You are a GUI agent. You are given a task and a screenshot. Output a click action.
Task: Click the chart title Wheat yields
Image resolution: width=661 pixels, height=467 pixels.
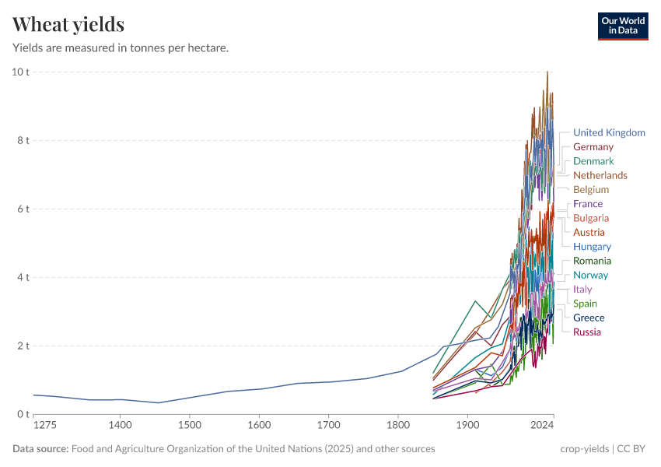pyautogui.click(x=68, y=25)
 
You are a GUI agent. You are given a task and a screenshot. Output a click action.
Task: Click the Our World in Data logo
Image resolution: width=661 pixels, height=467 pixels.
pyautogui.click(x=622, y=26)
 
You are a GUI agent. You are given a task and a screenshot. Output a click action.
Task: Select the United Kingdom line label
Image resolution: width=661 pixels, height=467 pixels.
pyautogui.click(x=609, y=132)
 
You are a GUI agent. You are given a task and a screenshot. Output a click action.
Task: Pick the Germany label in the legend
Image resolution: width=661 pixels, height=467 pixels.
pyautogui.click(x=593, y=147)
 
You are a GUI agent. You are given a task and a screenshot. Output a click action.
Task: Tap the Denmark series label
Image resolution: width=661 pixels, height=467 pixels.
pyautogui.click(x=593, y=161)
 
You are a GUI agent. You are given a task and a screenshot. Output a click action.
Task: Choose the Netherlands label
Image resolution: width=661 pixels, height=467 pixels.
pyautogui.click(x=600, y=175)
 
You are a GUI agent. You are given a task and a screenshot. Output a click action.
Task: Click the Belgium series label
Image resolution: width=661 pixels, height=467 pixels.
pyautogui.click(x=590, y=190)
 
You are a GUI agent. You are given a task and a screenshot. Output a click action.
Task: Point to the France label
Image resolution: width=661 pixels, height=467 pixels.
pyautogui.click(x=587, y=204)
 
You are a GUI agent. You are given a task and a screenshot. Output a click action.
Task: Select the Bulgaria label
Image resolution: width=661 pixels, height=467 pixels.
pyautogui.click(x=590, y=218)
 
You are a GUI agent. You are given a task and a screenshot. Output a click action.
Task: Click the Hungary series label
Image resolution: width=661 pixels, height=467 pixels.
pyautogui.click(x=592, y=247)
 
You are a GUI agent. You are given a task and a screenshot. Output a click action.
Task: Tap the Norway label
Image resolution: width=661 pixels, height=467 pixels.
pyautogui.click(x=590, y=275)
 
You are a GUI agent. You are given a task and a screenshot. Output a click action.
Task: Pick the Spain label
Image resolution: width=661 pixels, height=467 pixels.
pyautogui.click(x=585, y=304)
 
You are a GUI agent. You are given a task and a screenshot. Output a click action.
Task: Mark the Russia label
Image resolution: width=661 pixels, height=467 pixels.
pyautogui.click(x=586, y=332)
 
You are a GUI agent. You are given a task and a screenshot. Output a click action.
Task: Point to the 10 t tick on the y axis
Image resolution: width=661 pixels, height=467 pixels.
pyautogui.click(x=20, y=72)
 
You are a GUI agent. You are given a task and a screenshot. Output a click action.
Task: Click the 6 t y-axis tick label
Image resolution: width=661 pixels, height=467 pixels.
pyautogui.click(x=23, y=209)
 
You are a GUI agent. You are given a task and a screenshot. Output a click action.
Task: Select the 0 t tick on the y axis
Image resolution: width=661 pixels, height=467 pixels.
pyautogui.click(x=23, y=414)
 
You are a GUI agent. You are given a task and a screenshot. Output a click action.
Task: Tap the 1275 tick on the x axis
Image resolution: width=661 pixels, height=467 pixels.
pyautogui.click(x=45, y=426)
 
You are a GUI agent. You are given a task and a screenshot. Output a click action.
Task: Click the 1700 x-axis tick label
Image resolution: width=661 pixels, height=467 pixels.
pyautogui.click(x=328, y=426)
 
